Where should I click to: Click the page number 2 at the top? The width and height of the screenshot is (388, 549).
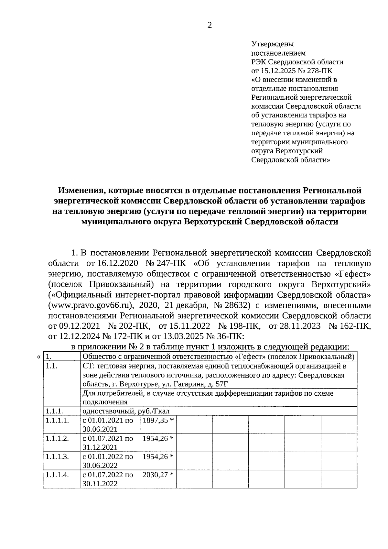210,26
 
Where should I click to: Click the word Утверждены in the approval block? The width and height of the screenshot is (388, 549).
272,44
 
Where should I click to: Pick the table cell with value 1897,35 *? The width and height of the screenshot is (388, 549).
158,420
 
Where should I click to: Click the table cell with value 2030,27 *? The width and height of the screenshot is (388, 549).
158,475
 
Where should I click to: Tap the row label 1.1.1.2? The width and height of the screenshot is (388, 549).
57,438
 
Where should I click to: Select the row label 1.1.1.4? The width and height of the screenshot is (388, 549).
57,475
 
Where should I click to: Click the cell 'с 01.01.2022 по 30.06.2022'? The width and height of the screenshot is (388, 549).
108,461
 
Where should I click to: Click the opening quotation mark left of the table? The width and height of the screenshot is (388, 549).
39,357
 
